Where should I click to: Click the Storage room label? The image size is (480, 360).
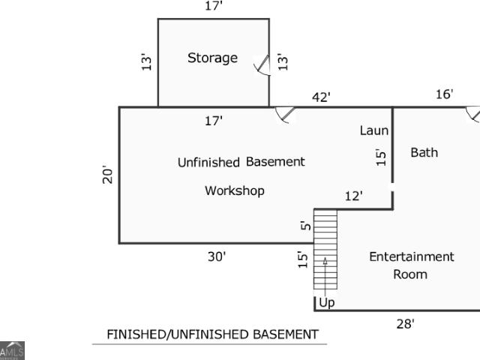click(x=212, y=58)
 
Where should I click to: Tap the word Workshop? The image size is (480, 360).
click(x=235, y=191)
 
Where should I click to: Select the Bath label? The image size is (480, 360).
click(x=424, y=152)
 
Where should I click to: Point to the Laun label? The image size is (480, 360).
click(x=374, y=130)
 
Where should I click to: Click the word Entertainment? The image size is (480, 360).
click(x=412, y=256)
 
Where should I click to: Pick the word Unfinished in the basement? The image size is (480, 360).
click(x=208, y=162)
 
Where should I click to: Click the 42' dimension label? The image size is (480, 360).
click(x=321, y=97)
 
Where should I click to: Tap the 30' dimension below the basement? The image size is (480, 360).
click(x=217, y=256)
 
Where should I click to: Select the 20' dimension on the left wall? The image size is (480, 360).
click(x=108, y=175)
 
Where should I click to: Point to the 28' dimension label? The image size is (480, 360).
click(x=405, y=324)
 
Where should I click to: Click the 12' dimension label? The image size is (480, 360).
click(x=353, y=196)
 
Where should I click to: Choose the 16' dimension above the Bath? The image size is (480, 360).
click(x=444, y=94)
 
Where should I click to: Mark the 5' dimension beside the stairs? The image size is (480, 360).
click(x=306, y=226)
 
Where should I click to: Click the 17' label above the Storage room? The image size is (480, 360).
click(x=213, y=6)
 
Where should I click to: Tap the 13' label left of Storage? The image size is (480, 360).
click(x=147, y=61)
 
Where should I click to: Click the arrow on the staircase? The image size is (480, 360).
click(x=325, y=277)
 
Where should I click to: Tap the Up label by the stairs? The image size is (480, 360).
click(x=327, y=303)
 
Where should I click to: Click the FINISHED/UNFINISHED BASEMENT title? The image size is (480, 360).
click(x=213, y=334)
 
